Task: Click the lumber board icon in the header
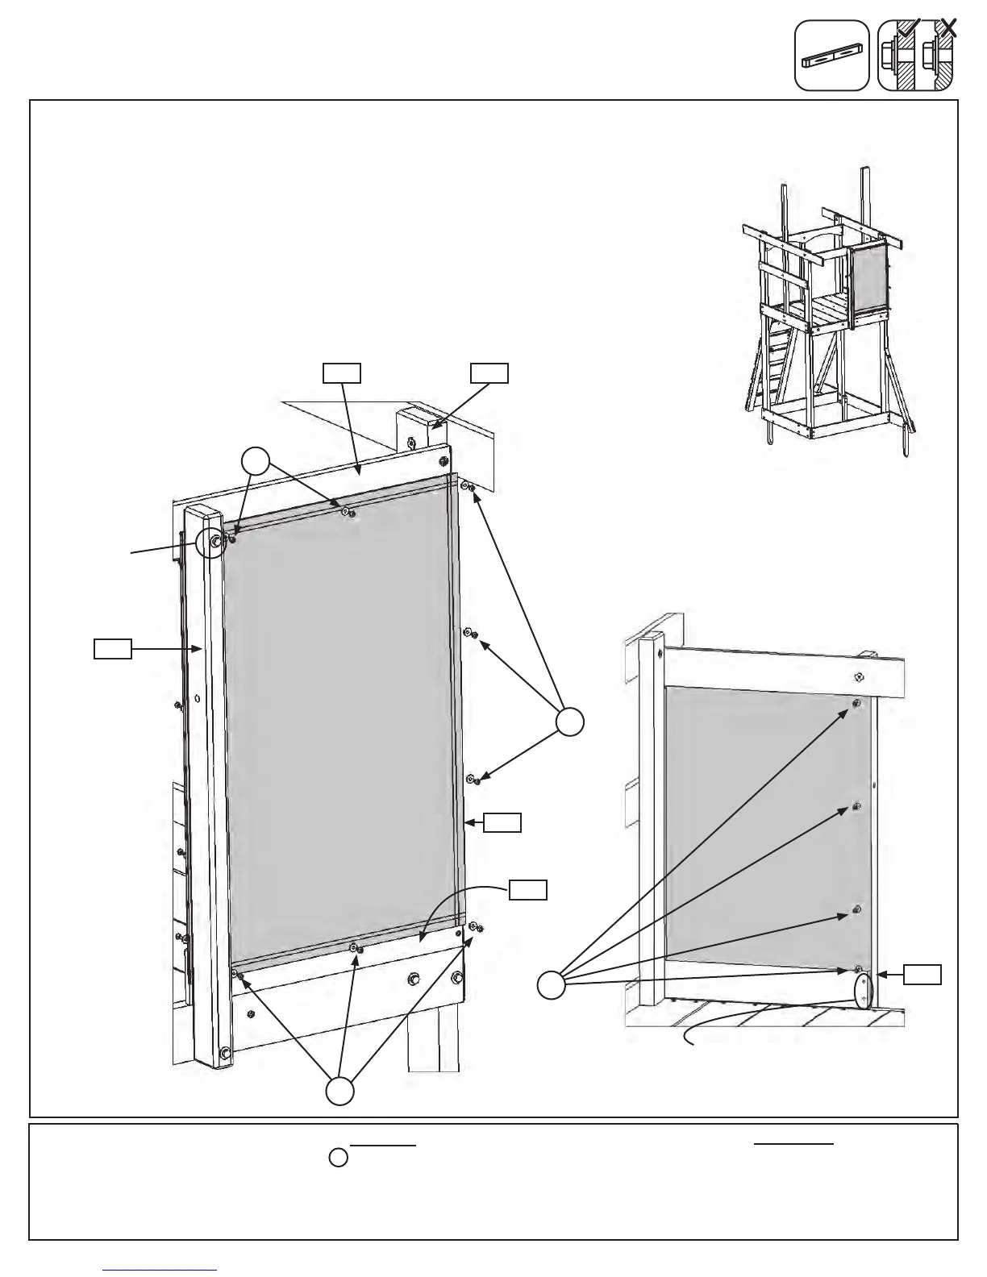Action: [x=831, y=56]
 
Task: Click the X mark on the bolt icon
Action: [x=949, y=28]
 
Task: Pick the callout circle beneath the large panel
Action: [x=339, y=1092]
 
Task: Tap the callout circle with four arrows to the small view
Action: [x=552, y=986]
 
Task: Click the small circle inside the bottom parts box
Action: [x=339, y=1158]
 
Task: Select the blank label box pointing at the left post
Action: [x=112, y=648]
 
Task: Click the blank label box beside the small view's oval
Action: [x=922, y=975]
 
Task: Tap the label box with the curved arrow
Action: [x=528, y=889]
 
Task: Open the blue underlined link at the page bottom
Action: [x=160, y=1270]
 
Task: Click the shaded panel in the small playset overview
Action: [x=870, y=279]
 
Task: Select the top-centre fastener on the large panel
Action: [x=347, y=511]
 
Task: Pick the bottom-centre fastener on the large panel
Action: [x=355, y=947]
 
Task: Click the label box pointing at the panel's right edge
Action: [x=502, y=822]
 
